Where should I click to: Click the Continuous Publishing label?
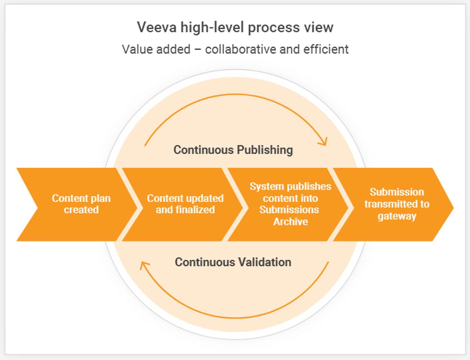[x=233, y=150]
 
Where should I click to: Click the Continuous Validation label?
[x=233, y=262]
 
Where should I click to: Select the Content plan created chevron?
[x=76, y=204]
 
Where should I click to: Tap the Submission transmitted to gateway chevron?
[x=394, y=204]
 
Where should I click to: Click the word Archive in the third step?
[x=290, y=222]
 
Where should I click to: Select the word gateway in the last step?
[x=397, y=217]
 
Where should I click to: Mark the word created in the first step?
[x=81, y=210]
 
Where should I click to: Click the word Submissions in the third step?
[x=289, y=210]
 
